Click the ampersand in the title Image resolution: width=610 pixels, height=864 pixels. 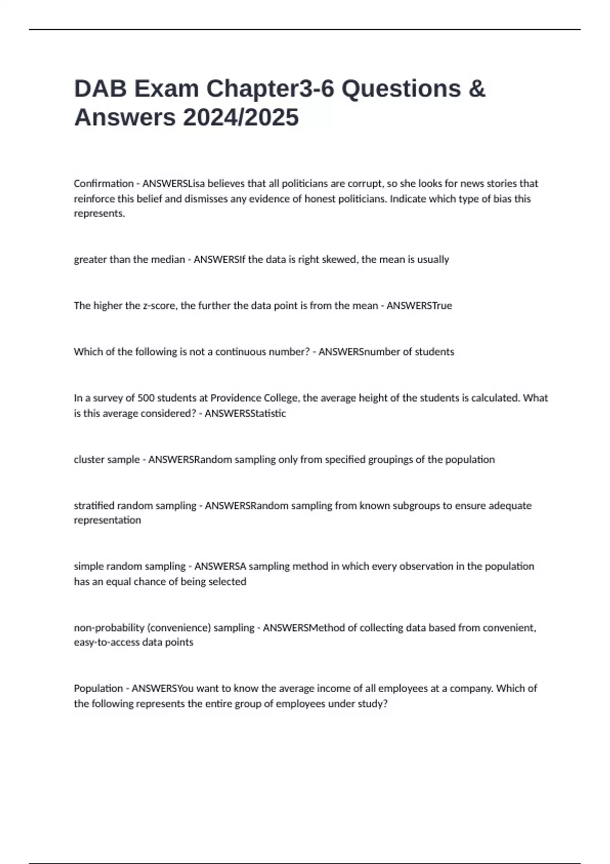point(476,89)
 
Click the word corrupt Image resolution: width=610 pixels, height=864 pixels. point(364,183)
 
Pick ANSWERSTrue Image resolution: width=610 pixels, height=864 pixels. point(419,306)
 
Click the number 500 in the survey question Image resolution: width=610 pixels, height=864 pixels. point(146,398)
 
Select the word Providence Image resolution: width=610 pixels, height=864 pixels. point(235,398)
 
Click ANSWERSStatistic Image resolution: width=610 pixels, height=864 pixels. point(245,413)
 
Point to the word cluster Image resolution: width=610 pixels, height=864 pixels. point(89,459)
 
